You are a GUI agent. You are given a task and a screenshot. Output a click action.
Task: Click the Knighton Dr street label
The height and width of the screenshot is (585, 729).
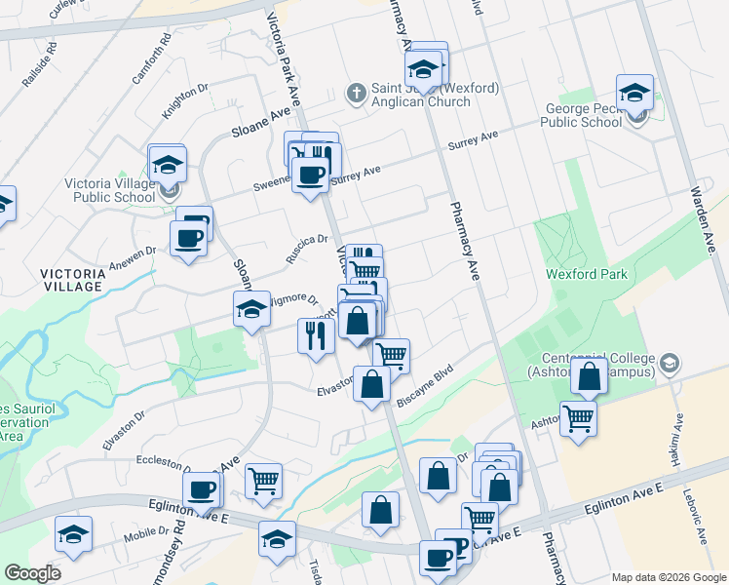(185, 100)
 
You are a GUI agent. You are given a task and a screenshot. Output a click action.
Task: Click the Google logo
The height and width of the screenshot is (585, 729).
(31, 572)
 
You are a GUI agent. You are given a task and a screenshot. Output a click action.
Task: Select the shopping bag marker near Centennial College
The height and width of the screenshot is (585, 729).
(590, 376)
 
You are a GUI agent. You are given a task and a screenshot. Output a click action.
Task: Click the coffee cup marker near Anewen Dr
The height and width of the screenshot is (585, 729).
(188, 238)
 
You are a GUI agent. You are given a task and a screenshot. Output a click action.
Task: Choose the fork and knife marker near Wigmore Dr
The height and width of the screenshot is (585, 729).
(316, 336)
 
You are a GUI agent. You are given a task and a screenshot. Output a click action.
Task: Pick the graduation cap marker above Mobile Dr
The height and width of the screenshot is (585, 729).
(73, 534)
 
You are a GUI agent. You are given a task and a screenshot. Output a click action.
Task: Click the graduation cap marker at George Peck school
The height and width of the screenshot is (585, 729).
(634, 94)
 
